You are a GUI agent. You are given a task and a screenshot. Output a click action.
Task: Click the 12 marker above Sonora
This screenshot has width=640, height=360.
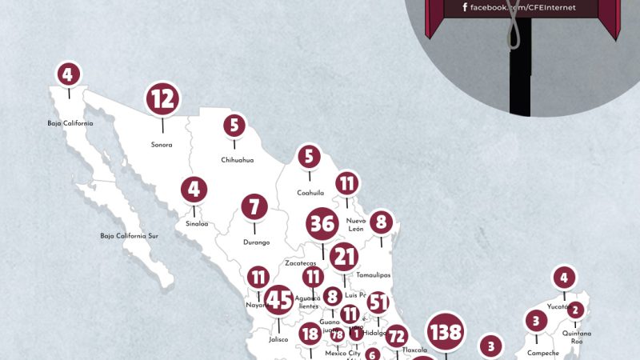click(162, 99)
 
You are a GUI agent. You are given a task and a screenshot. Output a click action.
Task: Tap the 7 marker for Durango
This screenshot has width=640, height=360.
click(254, 207)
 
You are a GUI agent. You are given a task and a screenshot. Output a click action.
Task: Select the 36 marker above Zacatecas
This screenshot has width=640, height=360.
click(322, 224)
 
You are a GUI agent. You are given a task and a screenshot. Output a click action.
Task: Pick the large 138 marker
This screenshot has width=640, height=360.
click(446, 331)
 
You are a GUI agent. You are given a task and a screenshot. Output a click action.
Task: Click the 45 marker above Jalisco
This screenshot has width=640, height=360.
click(279, 301)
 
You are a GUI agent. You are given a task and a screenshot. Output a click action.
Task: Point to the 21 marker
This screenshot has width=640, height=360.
click(344, 257)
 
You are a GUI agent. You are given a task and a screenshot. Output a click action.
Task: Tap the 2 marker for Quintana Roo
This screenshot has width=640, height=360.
click(575, 310)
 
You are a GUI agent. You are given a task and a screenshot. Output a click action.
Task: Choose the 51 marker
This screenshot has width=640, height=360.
click(378, 303)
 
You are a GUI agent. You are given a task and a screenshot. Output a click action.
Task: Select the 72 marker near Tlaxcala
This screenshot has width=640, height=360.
click(396, 336)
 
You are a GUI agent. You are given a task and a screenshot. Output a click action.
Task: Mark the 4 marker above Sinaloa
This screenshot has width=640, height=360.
click(194, 190)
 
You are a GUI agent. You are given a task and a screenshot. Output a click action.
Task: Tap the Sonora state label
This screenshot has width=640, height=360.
click(162, 145)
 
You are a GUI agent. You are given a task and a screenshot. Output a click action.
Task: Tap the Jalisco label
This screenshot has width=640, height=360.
click(278, 339)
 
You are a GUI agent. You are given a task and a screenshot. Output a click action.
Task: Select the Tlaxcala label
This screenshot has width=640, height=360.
click(414, 350)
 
